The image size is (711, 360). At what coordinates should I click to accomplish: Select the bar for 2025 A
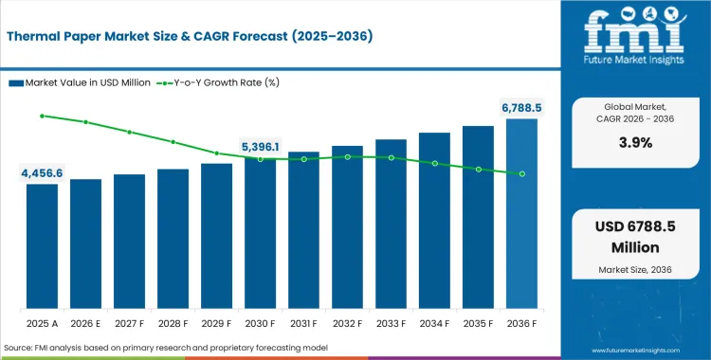[42, 246]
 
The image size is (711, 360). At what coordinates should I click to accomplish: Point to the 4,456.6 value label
[42, 173]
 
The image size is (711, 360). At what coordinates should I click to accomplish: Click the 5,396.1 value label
[260, 147]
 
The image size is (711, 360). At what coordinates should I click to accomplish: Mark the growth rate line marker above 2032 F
[347, 156]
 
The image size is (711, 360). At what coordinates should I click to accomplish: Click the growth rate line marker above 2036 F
[521, 173]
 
